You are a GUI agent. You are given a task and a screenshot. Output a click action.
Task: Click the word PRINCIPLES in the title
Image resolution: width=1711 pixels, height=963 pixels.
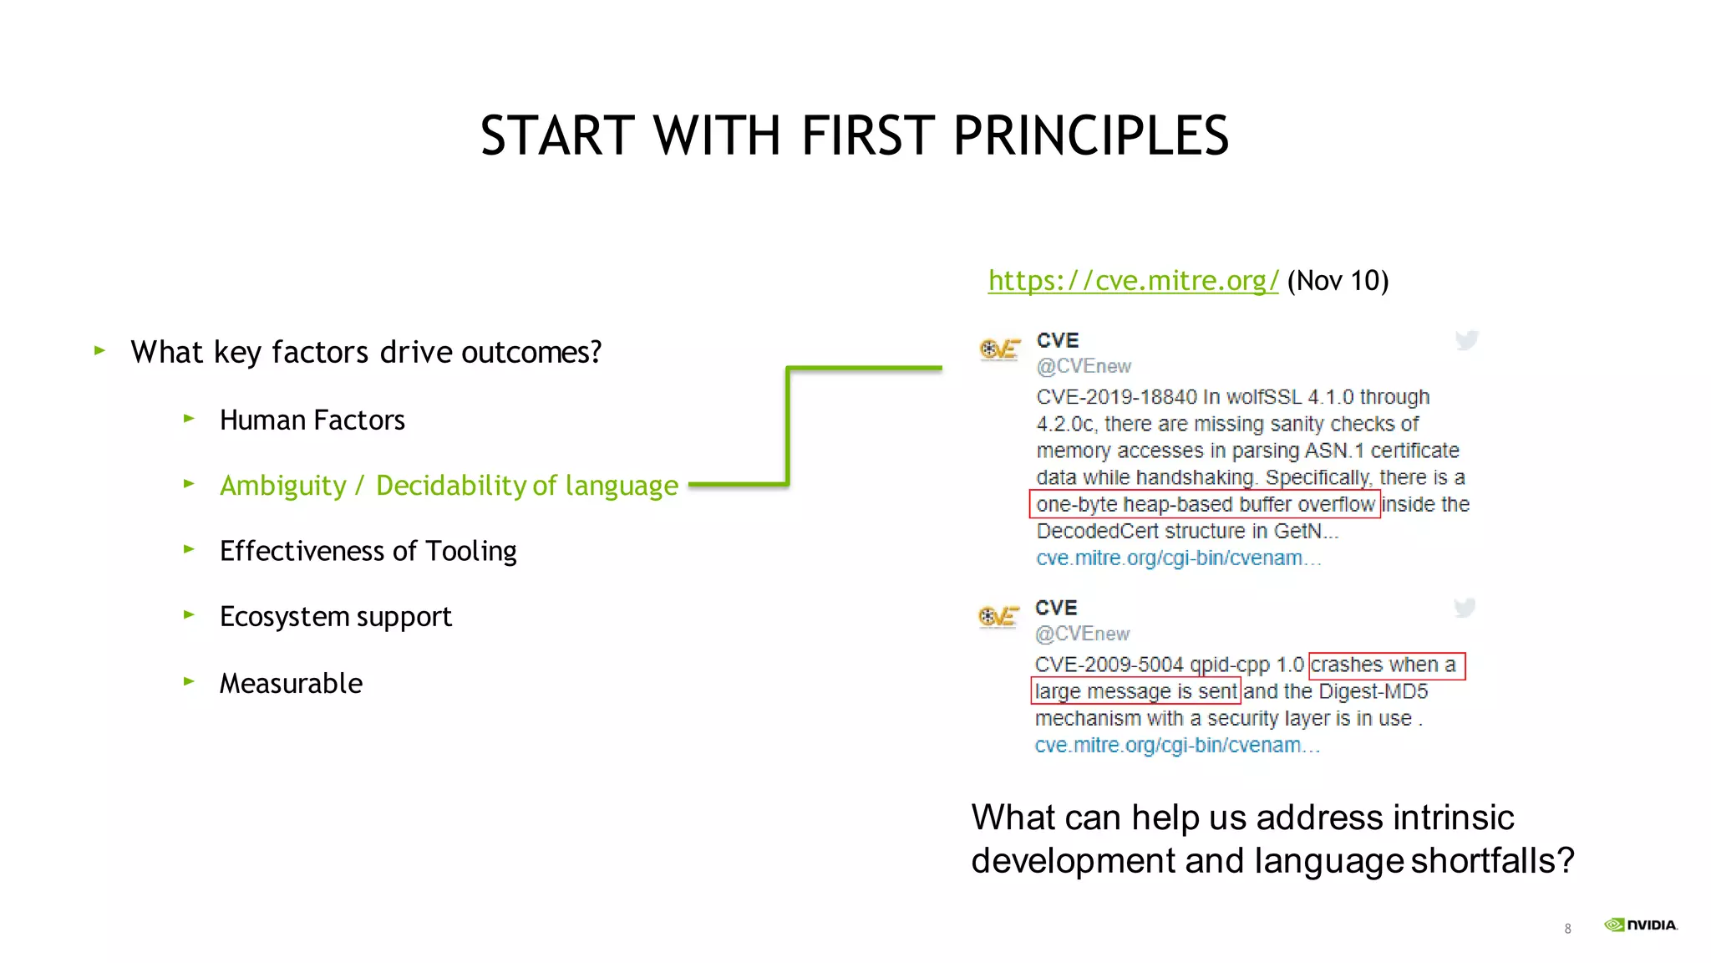point(1090,135)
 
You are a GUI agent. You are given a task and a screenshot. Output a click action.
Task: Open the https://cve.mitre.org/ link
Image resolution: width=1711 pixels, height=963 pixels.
point(1133,281)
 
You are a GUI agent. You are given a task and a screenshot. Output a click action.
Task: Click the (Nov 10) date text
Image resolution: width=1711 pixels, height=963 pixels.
point(1338,281)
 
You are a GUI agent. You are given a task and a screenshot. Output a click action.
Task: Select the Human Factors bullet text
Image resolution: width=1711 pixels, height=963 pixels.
point(312,420)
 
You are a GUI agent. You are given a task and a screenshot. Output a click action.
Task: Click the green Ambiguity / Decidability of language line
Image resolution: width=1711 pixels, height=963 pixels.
point(449,486)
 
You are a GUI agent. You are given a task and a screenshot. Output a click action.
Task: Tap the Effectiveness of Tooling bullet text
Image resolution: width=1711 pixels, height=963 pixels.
point(368,551)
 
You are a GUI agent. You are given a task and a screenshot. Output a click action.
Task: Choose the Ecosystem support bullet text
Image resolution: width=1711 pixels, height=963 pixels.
point(335,617)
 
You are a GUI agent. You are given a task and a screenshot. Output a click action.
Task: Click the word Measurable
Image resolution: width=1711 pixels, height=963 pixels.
point(291,683)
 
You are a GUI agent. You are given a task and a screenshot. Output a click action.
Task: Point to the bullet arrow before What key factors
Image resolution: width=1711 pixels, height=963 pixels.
point(99,350)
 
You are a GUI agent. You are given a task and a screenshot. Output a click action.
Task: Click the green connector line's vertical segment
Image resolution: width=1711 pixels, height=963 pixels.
point(788,426)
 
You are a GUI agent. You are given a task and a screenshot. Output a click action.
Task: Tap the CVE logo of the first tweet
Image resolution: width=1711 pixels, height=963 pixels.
point(999,349)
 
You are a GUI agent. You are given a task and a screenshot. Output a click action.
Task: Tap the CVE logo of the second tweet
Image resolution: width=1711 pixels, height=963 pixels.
point(998,617)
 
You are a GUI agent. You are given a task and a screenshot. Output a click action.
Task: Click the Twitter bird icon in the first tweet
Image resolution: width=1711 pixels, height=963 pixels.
point(1466,340)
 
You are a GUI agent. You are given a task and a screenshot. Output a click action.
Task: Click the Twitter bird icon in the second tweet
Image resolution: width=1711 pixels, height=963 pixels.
point(1464,608)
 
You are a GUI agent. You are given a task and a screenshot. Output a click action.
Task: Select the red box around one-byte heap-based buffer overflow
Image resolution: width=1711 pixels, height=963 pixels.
point(1204,504)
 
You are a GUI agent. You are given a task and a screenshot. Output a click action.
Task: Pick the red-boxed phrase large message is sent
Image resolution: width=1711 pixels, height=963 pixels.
point(1135,691)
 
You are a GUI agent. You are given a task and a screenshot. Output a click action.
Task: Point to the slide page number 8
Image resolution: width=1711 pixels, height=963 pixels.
point(1567,929)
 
